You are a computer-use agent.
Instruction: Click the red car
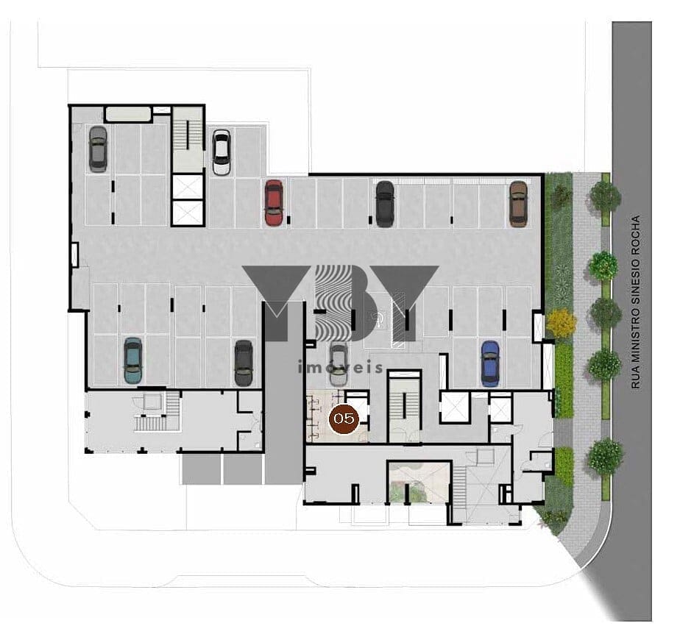pos(274,202)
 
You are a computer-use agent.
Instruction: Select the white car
pos(222,152)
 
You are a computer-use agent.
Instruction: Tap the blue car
pos(490,363)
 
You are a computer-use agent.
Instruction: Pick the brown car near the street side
pos(518,204)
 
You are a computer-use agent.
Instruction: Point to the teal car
pos(132,360)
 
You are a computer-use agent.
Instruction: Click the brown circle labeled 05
pos(344,419)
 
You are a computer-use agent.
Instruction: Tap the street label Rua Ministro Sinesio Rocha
pos(636,302)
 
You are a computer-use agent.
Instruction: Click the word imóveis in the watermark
pos(341,368)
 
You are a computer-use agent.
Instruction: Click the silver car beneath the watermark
pos(339,364)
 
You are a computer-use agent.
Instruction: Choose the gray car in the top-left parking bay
pos(98,149)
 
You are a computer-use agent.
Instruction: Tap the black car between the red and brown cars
pos(385,204)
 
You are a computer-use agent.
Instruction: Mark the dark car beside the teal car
pos(244,363)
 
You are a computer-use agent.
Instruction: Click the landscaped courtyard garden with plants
pos(419,482)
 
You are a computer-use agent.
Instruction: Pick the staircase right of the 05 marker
pos(405,405)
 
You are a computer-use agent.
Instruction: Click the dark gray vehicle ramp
pos(283,392)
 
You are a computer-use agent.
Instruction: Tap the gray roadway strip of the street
pos(631,321)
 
